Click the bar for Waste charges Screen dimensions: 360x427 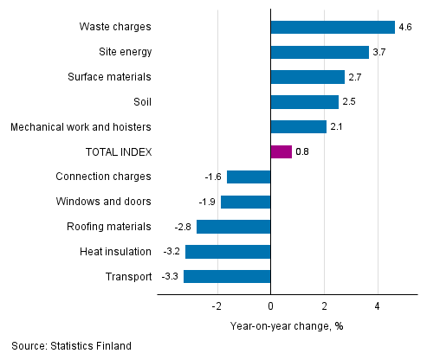(333, 27)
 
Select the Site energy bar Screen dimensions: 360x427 (320, 52)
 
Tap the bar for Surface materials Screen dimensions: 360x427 (307, 77)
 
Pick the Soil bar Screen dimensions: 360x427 (305, 102)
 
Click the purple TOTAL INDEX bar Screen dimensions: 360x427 (281, 152)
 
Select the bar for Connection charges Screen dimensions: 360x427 (249, 177)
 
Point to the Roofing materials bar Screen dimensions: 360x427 (234, 227)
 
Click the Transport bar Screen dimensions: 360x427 (227, 277)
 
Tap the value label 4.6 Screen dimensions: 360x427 (404, 27)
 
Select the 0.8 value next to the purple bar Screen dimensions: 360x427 (302, 152)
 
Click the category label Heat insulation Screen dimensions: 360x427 (115, 252)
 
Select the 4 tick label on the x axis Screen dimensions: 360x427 (378, 306)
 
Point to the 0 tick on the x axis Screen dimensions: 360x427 (271, 306)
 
